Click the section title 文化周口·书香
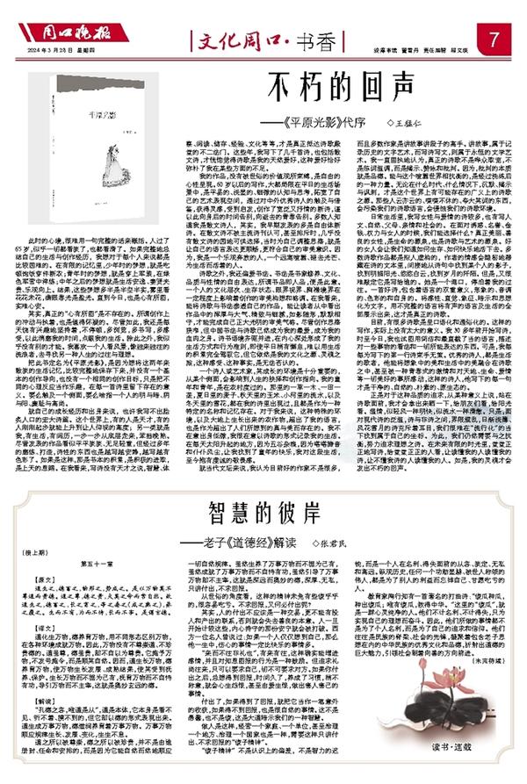pos(263,39)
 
